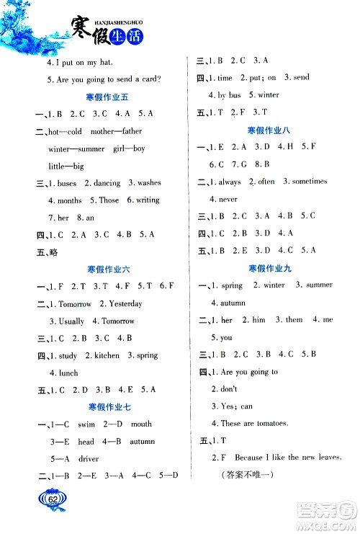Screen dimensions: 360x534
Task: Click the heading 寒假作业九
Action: [269, 268]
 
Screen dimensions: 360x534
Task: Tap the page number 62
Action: [53, 498]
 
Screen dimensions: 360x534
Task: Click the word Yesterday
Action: [121, 304]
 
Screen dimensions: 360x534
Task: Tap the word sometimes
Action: [310, 182]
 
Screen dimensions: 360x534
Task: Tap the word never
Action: [228, 199]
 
